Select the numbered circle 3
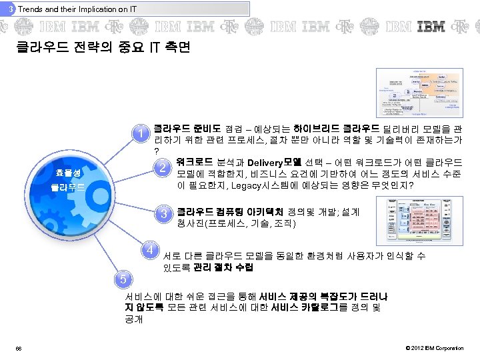pos(163,215)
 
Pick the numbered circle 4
pos(153,251)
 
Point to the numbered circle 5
pos(121,277)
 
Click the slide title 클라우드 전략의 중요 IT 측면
pos(103,48)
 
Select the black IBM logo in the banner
pos(431,27)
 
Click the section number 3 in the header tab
pos(11,9)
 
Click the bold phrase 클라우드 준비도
pos(179,127)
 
